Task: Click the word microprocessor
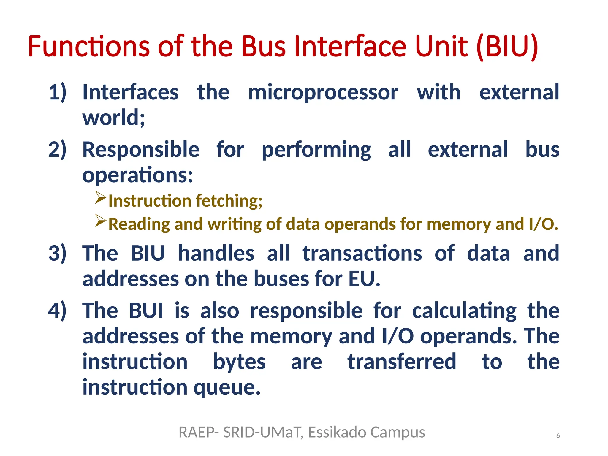click(x=323, y=92)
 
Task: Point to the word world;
click(x=114, y=118)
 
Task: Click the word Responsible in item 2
click(x=141, y=149)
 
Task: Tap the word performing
click(x=316, y=150)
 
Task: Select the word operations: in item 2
click(x=137, y=175)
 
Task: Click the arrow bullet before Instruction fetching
click(x=101, y=198)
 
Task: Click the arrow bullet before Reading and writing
click(x=101, y=221)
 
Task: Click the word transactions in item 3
click(x=362, y=253)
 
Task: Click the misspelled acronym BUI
click(x=146, y=311)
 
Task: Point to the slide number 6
click(x=558, y=436)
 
